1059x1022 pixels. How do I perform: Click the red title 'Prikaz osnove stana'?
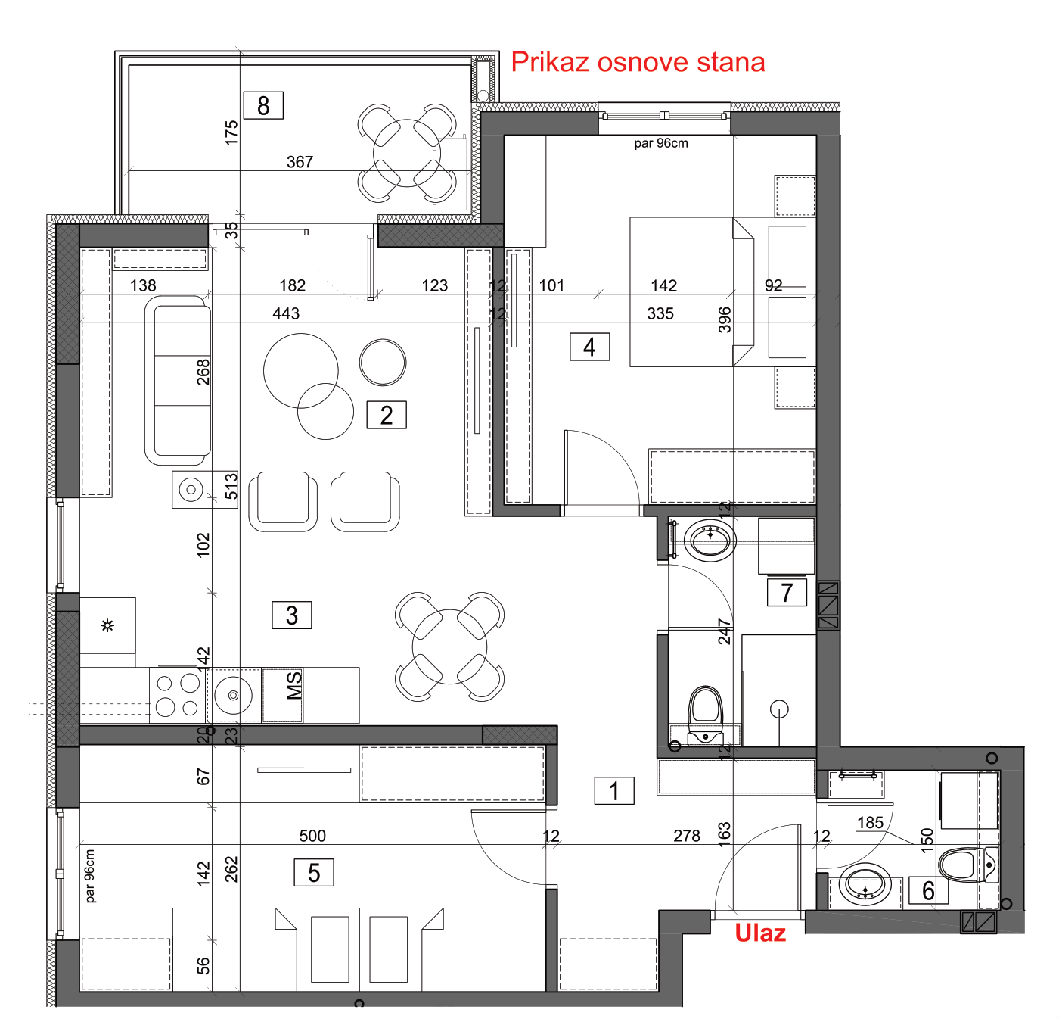tap(638, 62)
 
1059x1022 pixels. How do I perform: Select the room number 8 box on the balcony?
tap(263, 105)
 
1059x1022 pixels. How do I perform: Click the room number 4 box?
tap(589, 347)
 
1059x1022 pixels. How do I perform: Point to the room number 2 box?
tap(387, 415)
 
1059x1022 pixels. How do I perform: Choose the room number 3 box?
tap(292, 615)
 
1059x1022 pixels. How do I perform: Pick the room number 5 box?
tap(314, 873)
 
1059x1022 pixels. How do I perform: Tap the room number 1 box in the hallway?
tap(614, 790)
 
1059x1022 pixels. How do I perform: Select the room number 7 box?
tap(787, 593)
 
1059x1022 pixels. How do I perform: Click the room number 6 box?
tap(929, 890)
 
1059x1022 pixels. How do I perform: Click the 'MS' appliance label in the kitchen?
tap(293, 685)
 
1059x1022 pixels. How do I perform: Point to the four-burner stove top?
tap(178, 695)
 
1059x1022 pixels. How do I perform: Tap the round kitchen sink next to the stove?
tap(234, 695)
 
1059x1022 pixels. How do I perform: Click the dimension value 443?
tap(286, 313)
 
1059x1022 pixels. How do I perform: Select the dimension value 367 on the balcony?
tap(300, 162)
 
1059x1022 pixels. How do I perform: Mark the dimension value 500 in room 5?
tap(312, 836)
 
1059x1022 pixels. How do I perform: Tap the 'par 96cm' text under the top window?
tap(661, 143)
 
